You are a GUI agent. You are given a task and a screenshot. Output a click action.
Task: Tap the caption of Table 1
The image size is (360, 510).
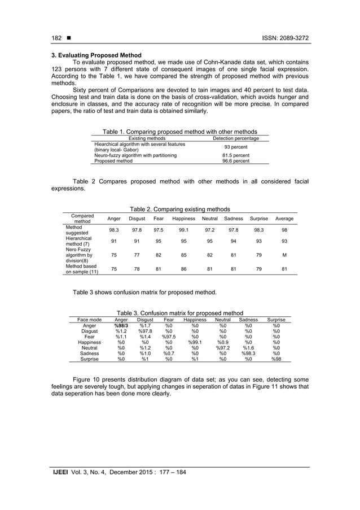(x=179, y=131)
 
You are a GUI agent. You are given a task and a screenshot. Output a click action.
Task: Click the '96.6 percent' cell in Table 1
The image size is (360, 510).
(x=235, y=161)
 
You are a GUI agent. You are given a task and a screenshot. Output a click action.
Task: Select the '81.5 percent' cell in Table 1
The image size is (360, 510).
(x=235, y=155)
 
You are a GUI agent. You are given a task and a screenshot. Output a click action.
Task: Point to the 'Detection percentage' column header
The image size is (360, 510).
(x=235, y=138)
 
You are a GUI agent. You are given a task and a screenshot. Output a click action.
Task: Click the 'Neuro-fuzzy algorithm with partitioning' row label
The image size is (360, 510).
(x=135, y=155)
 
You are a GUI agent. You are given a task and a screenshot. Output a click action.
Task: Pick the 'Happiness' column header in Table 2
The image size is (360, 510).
(x=184, y=219)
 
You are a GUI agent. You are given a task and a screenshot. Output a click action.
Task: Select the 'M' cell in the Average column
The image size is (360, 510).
(x=284, y=254)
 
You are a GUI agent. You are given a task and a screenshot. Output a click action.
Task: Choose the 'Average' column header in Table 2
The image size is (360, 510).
(x=284, y=219)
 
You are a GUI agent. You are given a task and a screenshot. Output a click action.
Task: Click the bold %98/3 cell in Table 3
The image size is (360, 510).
(x=121, y=325)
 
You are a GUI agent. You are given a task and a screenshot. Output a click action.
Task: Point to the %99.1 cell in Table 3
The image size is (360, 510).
(x=195, y=342)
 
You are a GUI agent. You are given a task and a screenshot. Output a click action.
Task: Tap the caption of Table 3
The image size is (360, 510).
(x=179, y=313)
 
